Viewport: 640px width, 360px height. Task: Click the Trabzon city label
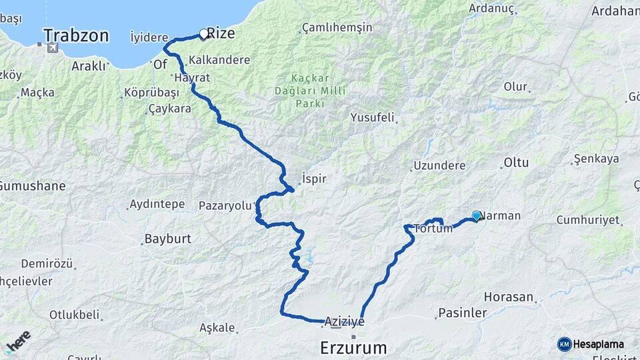click(76, 35)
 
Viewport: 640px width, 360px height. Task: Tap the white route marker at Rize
click(204, 33)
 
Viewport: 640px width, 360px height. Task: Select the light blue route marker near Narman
click(476, 215)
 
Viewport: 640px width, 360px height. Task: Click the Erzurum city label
click(353, 347)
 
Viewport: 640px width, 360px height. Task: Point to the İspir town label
click(313, 179)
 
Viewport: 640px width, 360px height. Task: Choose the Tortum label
click(433, 229)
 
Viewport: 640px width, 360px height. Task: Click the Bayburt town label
click(169, 238)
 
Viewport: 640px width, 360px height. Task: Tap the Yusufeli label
click(372, 117)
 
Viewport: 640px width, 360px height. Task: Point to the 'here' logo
click(17, 343)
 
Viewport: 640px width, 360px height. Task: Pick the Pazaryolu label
click(227, 205)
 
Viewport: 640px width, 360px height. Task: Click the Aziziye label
click(345, 321)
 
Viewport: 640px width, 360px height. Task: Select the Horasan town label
click(509, 297)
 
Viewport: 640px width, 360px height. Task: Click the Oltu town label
click(516, 162)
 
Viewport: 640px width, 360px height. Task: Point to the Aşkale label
click(217, 327)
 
